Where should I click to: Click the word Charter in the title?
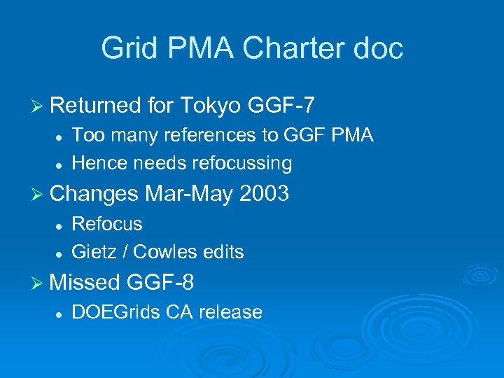[286, 49]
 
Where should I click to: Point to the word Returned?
[95, 106]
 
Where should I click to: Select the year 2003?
[264, 194]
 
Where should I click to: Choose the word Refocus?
[107, 224]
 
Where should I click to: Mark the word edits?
[223, 251]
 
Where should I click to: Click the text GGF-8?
[160, 282]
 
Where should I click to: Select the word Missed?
[85, 282]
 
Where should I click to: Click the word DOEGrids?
[117, 312]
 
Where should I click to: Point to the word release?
[230, 312]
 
